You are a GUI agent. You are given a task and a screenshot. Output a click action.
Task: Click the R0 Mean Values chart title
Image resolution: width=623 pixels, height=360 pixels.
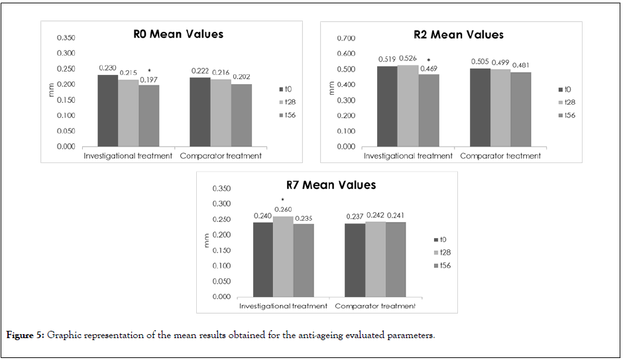(176, 34)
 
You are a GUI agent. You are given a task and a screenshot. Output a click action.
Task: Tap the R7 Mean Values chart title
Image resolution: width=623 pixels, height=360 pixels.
(328, 185)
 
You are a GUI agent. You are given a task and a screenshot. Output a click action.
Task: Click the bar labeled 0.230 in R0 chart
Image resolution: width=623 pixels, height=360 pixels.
(107, 111)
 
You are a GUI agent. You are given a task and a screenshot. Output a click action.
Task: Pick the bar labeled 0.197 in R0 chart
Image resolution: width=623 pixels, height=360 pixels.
(149, 115)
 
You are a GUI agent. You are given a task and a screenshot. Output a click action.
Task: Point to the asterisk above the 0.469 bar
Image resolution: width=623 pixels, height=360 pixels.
(428, 60)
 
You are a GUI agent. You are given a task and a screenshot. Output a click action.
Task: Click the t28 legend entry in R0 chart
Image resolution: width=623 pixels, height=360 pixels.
(287, 101)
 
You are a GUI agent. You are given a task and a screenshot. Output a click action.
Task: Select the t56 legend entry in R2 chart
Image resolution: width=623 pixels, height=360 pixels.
(567, 115)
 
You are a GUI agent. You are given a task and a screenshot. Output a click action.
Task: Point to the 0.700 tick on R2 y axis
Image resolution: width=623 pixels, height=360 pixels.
(346, 38)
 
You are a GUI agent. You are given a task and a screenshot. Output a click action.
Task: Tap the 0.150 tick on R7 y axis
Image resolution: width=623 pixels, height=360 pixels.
(221, 250)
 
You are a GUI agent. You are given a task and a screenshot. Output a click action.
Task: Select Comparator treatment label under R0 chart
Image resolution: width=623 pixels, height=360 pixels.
(220, 156)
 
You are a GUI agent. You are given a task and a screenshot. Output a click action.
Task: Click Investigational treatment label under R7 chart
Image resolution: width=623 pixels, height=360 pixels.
(283, 306)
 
